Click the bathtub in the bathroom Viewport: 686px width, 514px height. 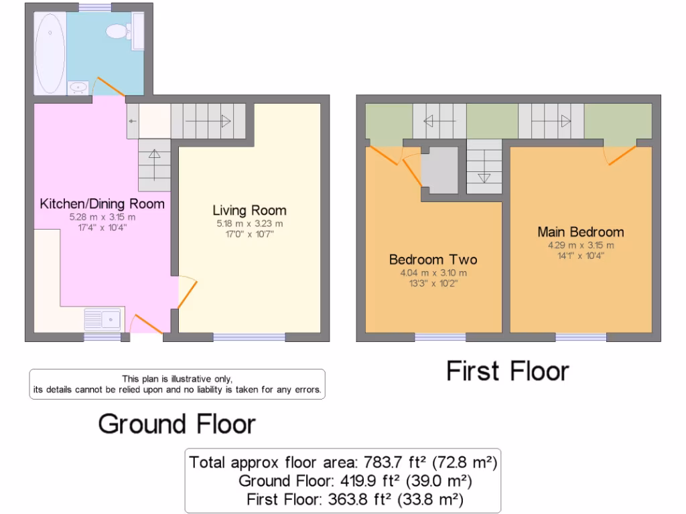tap(50, 54)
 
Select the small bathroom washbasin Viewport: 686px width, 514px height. tap(78, 86)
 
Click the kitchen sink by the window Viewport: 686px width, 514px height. tap(102, 319)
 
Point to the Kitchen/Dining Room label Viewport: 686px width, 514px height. tap(102, 203)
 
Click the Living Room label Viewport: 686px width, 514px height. tap(249, 210)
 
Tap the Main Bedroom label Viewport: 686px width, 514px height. tap(580, 232)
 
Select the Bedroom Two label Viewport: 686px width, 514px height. tap(433, 259)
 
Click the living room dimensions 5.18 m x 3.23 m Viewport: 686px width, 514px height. tap(249, 224)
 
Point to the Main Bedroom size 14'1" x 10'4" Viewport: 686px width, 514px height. tap(580, 255)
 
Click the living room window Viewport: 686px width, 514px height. tap(249, 337)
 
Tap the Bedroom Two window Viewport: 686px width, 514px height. tap(440, 337)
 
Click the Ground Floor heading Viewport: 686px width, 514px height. tap(177, 424)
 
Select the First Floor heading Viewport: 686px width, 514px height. tap(508, 371)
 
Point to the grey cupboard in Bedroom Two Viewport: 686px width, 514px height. tap(442, 171)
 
